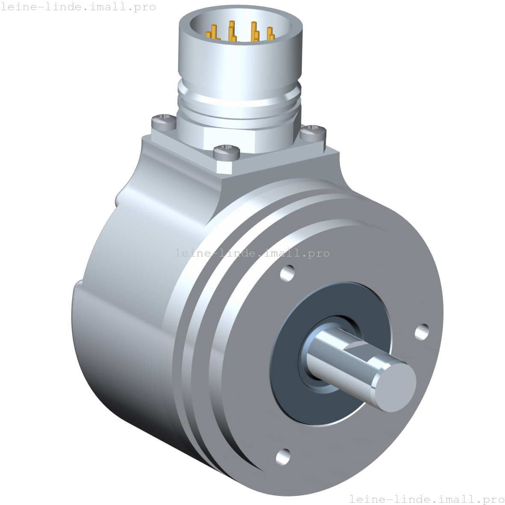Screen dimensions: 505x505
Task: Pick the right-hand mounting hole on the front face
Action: (x=422, y=331)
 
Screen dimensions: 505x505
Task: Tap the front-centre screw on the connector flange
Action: (x=226, y=151)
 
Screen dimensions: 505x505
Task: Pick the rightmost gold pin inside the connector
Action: (x=270, y=33)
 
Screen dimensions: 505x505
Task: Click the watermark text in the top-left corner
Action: (x=78, y=7)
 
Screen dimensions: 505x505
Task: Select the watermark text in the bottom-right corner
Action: (x=426, y=499)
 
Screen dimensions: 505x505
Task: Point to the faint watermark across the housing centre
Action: (x=252, y=253)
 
